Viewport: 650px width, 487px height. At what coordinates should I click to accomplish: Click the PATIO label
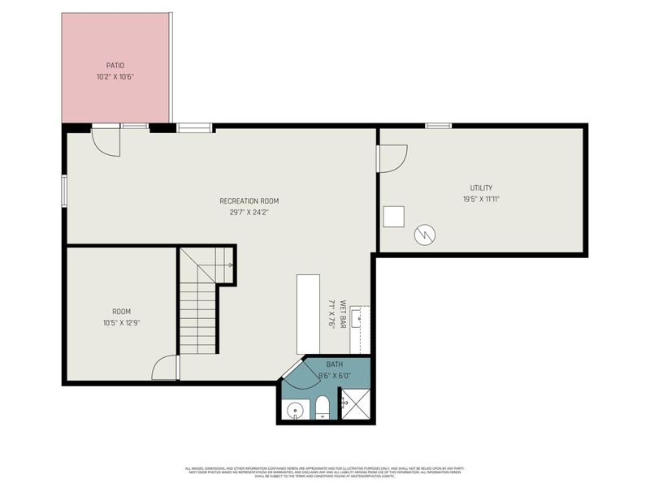tap(115, 66)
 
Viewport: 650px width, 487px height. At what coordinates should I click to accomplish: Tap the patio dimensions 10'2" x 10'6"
tap(115, 78)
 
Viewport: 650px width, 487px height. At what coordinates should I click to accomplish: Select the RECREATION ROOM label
tap(249, 200)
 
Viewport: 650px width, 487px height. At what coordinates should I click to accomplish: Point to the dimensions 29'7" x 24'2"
tap(249, 213)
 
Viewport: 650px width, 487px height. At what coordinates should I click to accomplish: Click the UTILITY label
tap(481, 187)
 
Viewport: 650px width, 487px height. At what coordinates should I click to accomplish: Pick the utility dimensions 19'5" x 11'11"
tap(481, 199)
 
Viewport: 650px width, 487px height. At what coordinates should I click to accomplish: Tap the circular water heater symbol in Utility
tap(424, 235)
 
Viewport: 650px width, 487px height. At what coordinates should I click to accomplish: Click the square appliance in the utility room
tap(394, 217)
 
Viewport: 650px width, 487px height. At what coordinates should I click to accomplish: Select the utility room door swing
tap(392, 158)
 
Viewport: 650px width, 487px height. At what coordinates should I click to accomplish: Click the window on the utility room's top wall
tap(439, 125)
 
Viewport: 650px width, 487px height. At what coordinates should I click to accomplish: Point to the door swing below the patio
tap(106, 141)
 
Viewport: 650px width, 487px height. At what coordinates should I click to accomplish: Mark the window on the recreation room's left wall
tap(65, 192)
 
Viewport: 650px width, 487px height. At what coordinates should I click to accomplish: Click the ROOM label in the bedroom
tap(121, 312)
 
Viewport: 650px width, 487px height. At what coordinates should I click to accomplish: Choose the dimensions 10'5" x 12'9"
tap(121, 323)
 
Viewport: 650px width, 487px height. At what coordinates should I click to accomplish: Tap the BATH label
tap(335, 365)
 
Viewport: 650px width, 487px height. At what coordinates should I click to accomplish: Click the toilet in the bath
tap(322, 408)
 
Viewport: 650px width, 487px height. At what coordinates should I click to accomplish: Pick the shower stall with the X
tap(356, 403)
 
